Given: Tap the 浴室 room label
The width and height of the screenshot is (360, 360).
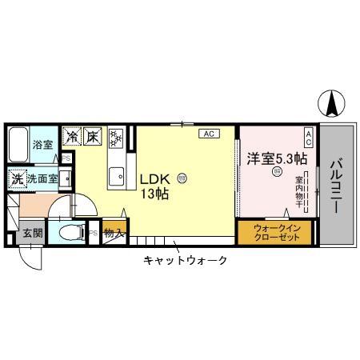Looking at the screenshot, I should point(42,146).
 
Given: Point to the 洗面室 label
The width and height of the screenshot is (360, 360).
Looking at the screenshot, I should point(42,179).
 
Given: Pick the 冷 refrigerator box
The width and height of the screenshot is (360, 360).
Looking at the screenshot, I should point(73,137).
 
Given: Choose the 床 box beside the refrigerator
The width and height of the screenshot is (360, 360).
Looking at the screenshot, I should point(93,137).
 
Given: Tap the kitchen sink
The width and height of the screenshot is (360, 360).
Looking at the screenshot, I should point(117,174).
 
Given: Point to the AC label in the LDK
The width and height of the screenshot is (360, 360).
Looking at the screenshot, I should point(208,134).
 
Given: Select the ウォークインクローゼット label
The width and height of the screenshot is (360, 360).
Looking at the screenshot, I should point(276,232).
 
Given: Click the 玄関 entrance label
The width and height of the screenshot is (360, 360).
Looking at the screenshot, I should point(33,234).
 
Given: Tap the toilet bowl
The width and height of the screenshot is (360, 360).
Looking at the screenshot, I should point(71,234).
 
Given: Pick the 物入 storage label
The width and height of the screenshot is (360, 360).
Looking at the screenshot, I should point(114,234).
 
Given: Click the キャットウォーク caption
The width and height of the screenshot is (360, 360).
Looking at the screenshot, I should point(186,260).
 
